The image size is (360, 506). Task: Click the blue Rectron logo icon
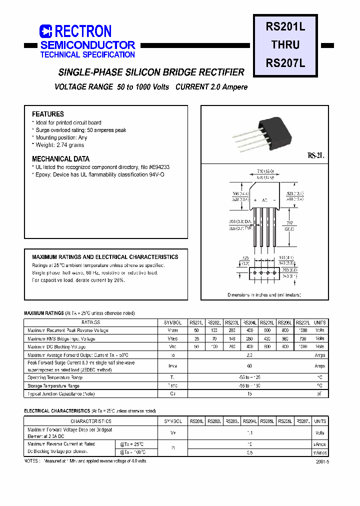pyautogui.click(x=46, y=31)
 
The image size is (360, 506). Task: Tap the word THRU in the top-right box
pyautogui.click(x=285, y=45)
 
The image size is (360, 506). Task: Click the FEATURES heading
pyautogui.click(x=48, y=114)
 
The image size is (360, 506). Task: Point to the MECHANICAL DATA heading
pyautogui.click(x=60, y=159)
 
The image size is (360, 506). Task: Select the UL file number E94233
pyautogui.click(x=158, y=167)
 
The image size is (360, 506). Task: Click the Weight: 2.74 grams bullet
pyautogui.click(x=60, y=145)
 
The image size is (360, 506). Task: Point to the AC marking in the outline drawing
pyautogui.click(x=264, y=200)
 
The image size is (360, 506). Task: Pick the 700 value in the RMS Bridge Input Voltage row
pyautogui.click(x=302, y=338)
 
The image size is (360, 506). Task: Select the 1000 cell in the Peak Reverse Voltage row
pyautogui.click(x=302, y=330)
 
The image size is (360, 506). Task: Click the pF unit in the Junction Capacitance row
pyautogui.click(x=320, y=394)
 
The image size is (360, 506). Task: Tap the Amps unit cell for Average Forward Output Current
pyautogui.click(x=320, y=355)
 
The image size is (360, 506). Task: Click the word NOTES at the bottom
pyautogui.click(x=31, y=461)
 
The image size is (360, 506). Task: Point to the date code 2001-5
pyautogui.click(x=322, y=462)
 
